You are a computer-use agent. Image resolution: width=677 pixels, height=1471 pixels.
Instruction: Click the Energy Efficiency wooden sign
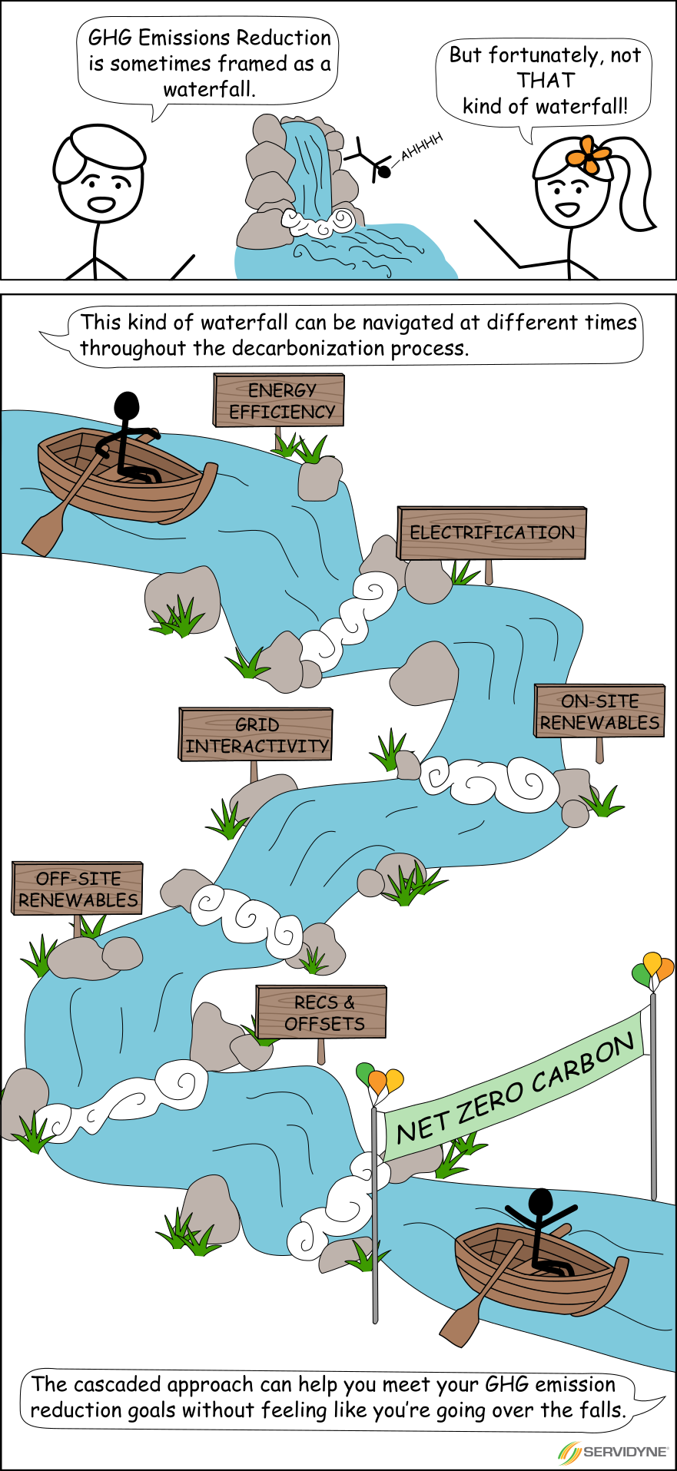coord(279,400)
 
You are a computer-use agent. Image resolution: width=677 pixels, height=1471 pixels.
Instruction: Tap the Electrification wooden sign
coord(492,532)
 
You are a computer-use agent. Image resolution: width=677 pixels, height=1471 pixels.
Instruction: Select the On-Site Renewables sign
coord(599,711)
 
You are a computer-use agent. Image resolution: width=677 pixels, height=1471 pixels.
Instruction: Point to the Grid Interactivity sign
coord(256,734)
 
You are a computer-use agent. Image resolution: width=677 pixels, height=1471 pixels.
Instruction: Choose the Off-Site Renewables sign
coord(78,889)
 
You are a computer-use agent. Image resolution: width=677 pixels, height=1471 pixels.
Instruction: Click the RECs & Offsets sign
coord(321,1012)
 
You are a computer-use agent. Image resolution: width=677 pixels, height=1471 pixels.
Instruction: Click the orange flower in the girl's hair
coord(588,156)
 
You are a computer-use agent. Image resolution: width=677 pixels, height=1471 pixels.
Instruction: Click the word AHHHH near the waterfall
coord(422,146)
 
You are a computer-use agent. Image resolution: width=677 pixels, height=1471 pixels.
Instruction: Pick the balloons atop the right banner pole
coord(653,969)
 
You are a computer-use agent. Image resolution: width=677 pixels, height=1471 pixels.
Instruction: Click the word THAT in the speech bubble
coord(546,81)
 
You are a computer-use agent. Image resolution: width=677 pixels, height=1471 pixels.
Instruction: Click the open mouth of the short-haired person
coord(101,204)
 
